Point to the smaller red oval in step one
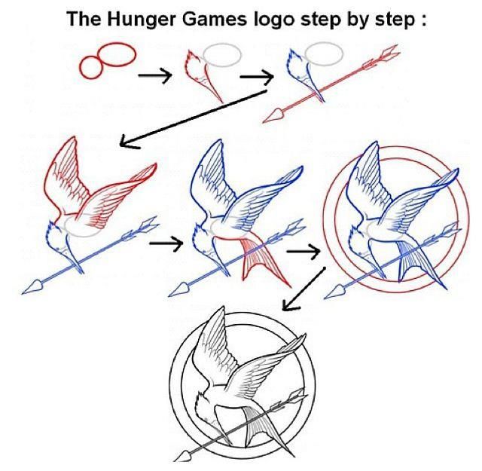pos(93,67)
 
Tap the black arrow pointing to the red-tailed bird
pos(166,243)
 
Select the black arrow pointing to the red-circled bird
pos(304,251)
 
